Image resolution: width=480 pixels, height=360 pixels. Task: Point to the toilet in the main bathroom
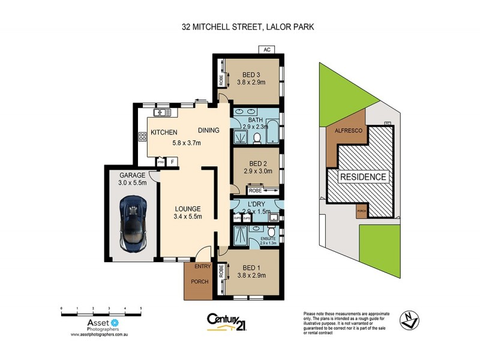pos(257,138)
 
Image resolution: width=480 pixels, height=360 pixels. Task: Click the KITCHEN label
pos(163,132)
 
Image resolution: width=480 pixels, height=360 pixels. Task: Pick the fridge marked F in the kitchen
pos(172,161)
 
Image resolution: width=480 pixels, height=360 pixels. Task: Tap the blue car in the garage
pos(133,223)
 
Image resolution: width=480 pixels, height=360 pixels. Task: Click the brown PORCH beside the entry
pos(196,281)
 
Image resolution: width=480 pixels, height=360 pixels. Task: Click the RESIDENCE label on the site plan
pos(364,177)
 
